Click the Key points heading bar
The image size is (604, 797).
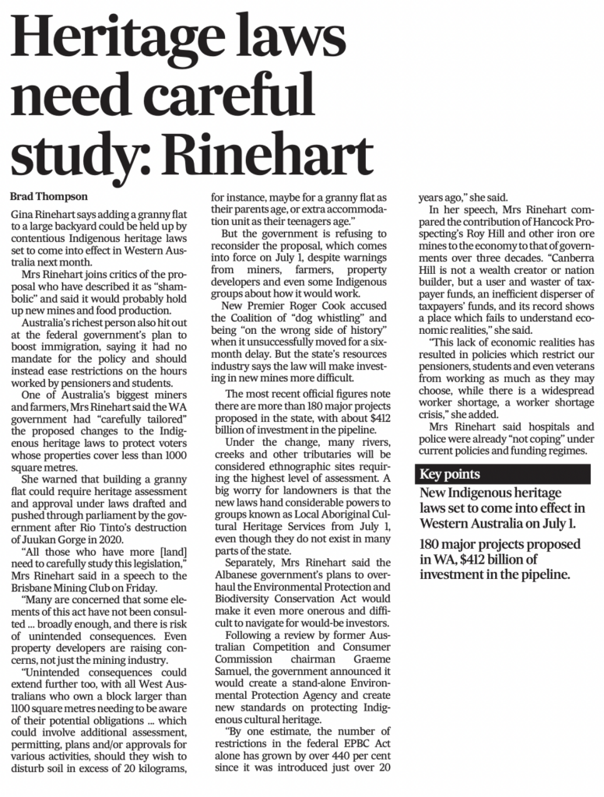[451, 474]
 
